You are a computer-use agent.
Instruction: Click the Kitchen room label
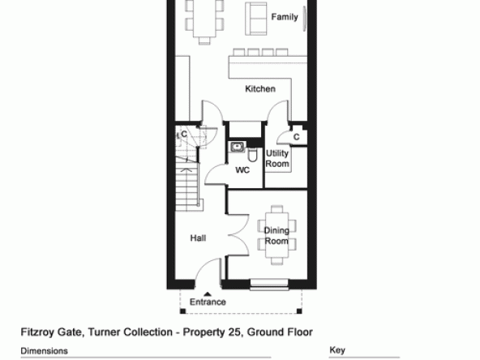tap(260, 88)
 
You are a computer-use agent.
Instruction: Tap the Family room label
tap(285, 17)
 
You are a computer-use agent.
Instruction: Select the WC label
tap(242, 170)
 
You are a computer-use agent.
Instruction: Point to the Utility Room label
tap(277, 159)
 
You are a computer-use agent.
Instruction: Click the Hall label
tap(198, 238)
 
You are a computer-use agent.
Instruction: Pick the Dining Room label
tap(276, 236)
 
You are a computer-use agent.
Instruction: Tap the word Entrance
tap(208, 302)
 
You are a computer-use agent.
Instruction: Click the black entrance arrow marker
tap(208, 294)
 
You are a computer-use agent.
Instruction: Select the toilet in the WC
tap(252, 155)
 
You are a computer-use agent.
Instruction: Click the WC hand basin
tap(237, 147)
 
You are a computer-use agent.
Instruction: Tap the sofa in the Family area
tap(256, 19)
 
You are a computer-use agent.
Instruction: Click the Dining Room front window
tap(269, 285)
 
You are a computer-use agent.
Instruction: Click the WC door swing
tap(215, 174)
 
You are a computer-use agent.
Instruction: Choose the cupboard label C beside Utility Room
tap(296, 137)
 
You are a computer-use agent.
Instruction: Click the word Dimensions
tap(44, 351)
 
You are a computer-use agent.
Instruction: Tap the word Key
tap(337, 350)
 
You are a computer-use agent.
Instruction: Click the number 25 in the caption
tap(234, 332)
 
